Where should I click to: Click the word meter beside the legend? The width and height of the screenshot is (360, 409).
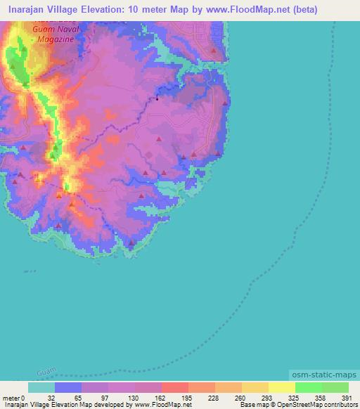click(x=11, y=397)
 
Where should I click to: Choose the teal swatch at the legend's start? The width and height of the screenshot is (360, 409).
click(x=41, y=387)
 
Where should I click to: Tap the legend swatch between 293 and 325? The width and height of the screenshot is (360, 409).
click(x=282, y=387)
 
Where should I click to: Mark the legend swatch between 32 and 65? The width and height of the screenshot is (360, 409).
click(x=68, y=387)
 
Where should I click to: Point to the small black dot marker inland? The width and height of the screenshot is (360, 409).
click(x=157, y=98)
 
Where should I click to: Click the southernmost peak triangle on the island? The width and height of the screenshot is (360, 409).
click(x=131, y=244)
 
